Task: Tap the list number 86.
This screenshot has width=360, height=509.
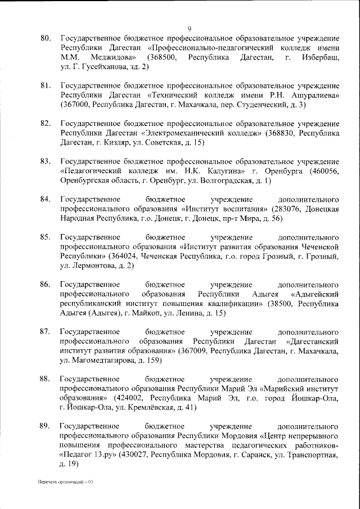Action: click(x=46, y=284)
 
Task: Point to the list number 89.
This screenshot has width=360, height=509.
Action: click(x=46, y=426)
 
